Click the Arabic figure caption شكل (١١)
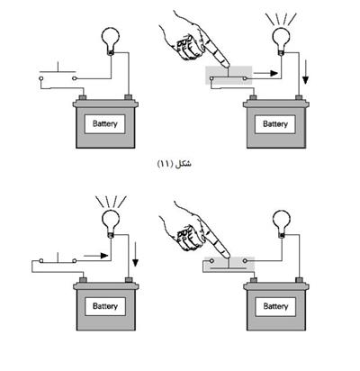[x=175, y=164]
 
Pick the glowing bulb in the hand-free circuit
[x=111, y=222]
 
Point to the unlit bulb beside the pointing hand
[x=282, y=222]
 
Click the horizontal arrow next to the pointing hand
[x=265, y=73]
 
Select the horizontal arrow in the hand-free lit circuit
[x=95, y=256]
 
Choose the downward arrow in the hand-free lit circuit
[x=136, y=255]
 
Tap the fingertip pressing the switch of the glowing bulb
[x=226, y=64]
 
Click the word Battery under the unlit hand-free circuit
[x=104, y=123]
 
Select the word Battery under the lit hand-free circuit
[x=105, y=306]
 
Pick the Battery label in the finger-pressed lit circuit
[x=275, y=123]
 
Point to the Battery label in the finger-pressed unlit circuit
[x=275, y=306]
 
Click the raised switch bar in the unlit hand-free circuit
[x=58, y=72]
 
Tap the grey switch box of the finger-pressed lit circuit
[x=229, y=76]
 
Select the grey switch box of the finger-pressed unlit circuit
[x=229, y=265]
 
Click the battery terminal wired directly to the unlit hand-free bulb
[x=129, y=97]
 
